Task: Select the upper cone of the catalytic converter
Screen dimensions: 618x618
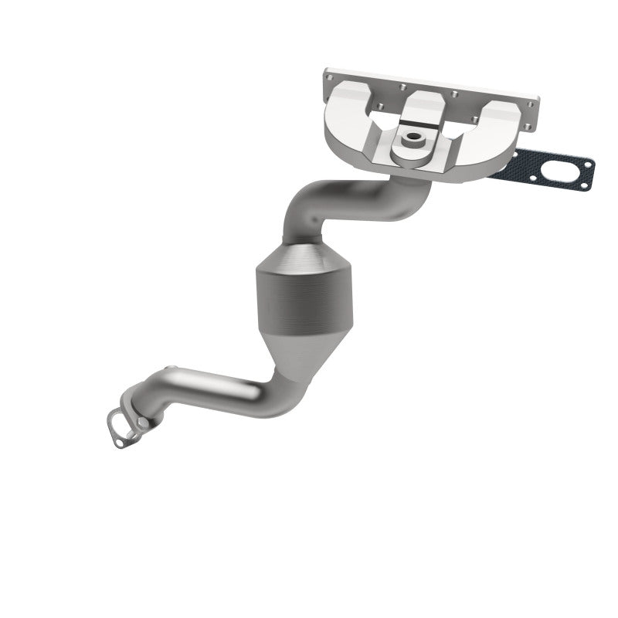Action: (303, 255)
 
